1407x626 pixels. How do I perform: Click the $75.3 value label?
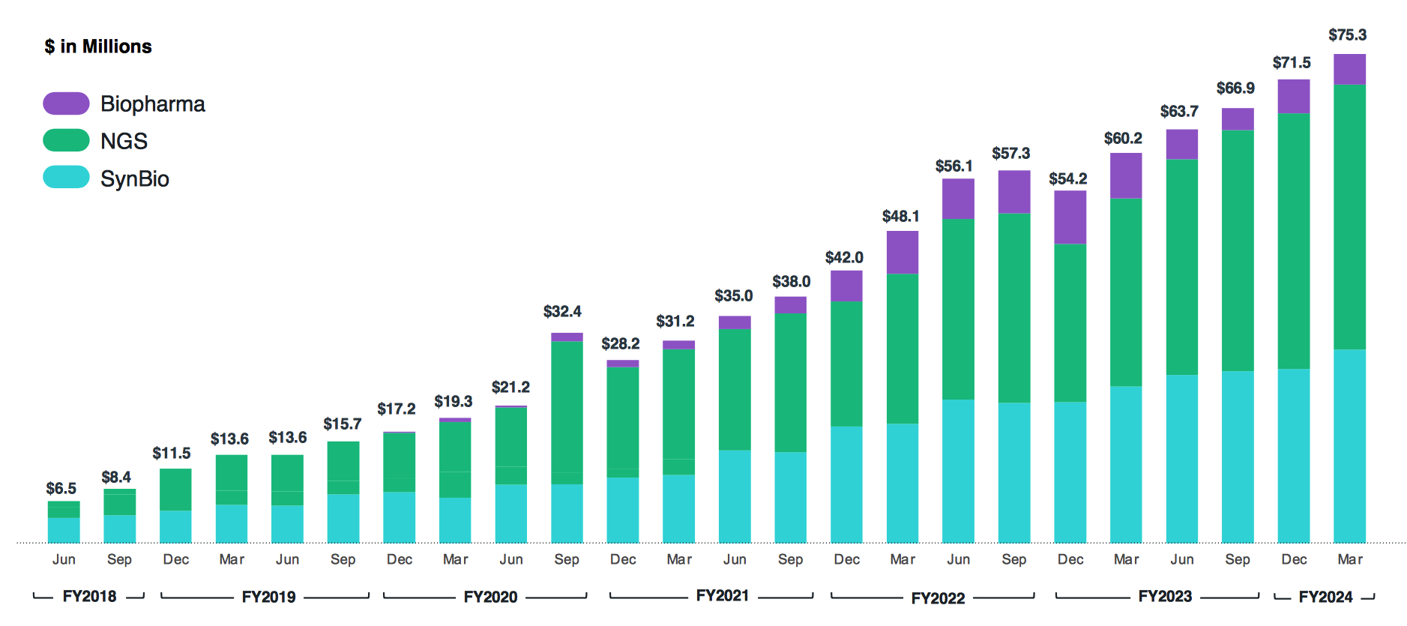pos(1347,35)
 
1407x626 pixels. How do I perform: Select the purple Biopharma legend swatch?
pos(66,103)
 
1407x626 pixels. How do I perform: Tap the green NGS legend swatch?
pos(66,140)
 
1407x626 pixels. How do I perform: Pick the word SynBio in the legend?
pos(135,178)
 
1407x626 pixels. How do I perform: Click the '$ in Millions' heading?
pos(98,46)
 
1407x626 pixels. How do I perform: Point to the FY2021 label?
pos(722,595)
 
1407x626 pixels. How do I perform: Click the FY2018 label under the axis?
pos(89,596)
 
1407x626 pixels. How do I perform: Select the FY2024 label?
pos(1325,597)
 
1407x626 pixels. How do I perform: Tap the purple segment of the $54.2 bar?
pos(1070,217)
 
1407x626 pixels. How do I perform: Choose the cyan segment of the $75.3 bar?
pos(1349,446)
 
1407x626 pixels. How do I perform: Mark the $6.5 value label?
pos(61,489)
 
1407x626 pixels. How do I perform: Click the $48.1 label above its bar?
pos(900,217)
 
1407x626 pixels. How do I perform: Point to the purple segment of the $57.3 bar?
pos(1013,192)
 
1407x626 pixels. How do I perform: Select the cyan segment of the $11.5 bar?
pos(175,526)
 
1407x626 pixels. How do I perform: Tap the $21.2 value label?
pos(510,388)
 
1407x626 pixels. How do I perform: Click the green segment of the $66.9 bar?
pos(1237,250)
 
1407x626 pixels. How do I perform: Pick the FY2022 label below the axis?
pos(938,598)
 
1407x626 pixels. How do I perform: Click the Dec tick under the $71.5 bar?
pos(1294,559)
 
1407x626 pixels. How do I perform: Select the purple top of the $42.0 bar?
pos(846,286)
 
